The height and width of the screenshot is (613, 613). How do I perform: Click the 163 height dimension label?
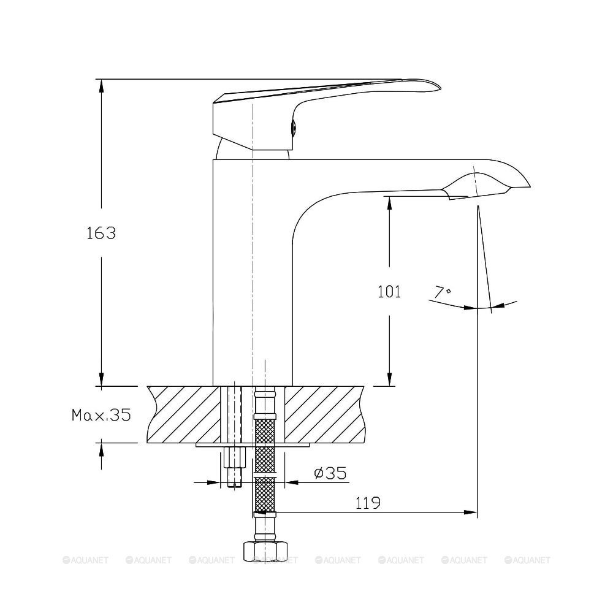[101, 233]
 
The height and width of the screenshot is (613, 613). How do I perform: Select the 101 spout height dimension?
[389, 292]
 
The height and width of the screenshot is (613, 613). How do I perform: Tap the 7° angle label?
[443, 292]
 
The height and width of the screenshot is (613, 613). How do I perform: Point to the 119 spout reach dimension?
[368, 503]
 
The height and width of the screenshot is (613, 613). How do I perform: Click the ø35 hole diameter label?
[330, 473]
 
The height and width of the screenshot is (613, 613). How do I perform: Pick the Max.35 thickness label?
[101, 415]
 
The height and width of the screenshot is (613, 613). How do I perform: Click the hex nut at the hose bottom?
[265, 551]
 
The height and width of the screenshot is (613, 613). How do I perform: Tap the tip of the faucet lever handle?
[441, 88]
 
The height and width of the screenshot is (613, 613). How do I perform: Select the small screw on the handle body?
[294, 128]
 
